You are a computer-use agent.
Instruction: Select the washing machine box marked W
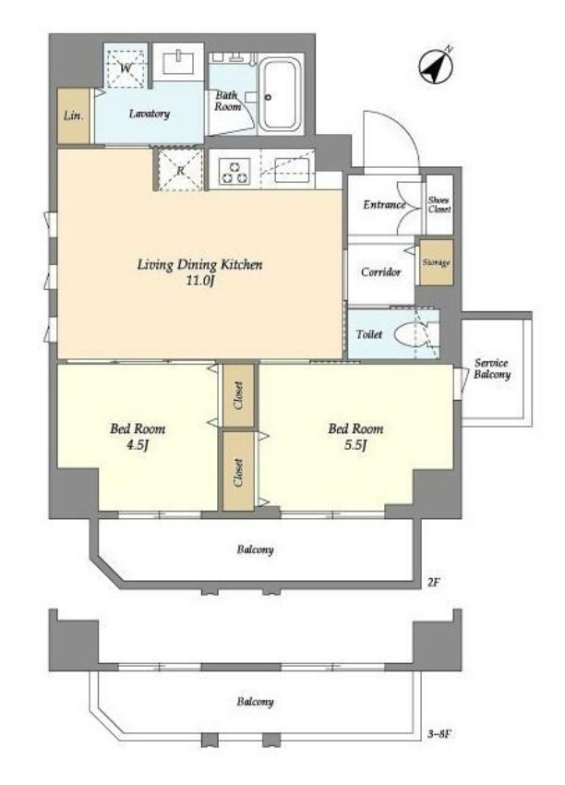(126, 66)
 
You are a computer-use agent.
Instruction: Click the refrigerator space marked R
(180, 170)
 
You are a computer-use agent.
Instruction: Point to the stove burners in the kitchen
(234, 171)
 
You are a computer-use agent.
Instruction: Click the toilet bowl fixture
(412, 335)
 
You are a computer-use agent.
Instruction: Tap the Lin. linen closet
(74, 116)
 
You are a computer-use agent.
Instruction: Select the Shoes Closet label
(439, 205)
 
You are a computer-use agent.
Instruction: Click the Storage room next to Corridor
(436, 262)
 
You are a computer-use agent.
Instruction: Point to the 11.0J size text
(200, 281)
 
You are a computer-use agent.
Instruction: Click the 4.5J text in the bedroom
(138, 445)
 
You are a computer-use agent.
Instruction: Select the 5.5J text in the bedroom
(355, 445)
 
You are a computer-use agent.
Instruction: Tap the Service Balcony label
(491, 369)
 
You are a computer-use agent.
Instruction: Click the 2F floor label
(432, 583)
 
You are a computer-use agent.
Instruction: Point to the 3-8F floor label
(439, 734)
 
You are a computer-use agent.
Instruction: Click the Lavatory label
(150, 114)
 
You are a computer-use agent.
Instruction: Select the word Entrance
(384, 205)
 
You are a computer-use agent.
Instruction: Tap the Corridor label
(381, 272)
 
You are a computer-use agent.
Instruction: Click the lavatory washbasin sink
(179, 63)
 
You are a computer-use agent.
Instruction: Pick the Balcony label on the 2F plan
(255, 549)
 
